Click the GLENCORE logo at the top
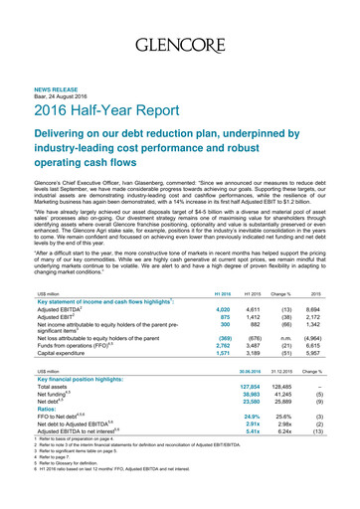[179, 46]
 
